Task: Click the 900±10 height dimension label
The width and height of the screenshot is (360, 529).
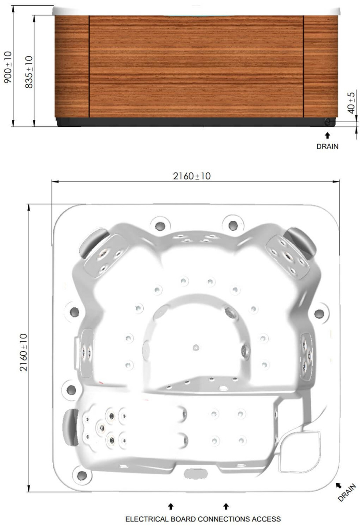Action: click(x=8, y=67)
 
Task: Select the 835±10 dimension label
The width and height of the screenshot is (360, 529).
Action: click(x=29, y=72)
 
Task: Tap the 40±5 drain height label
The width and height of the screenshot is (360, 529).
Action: click(x=351, y=103)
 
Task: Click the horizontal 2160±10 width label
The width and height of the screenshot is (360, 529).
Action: click(x=192, y=176)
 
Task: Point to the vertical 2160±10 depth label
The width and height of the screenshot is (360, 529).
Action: click(x=24, y=352)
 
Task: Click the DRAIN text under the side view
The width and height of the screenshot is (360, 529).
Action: click(x=327, y=146)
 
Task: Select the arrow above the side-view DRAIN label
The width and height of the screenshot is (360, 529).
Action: click(x=327, y=136)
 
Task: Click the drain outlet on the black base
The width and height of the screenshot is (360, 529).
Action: click(x=328, y=122)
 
